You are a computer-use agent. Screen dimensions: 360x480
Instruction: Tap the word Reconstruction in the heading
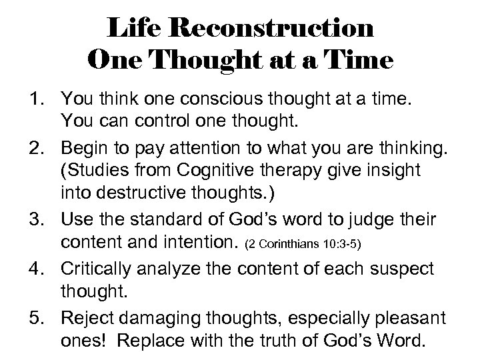(x=273, y=29)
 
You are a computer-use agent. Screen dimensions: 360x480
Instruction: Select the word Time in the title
(x=363, y=62)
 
